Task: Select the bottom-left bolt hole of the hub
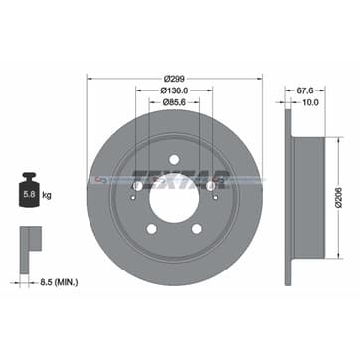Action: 152,228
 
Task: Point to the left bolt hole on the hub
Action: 137,185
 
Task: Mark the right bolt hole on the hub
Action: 211,185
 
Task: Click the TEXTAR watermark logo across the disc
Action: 175,180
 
